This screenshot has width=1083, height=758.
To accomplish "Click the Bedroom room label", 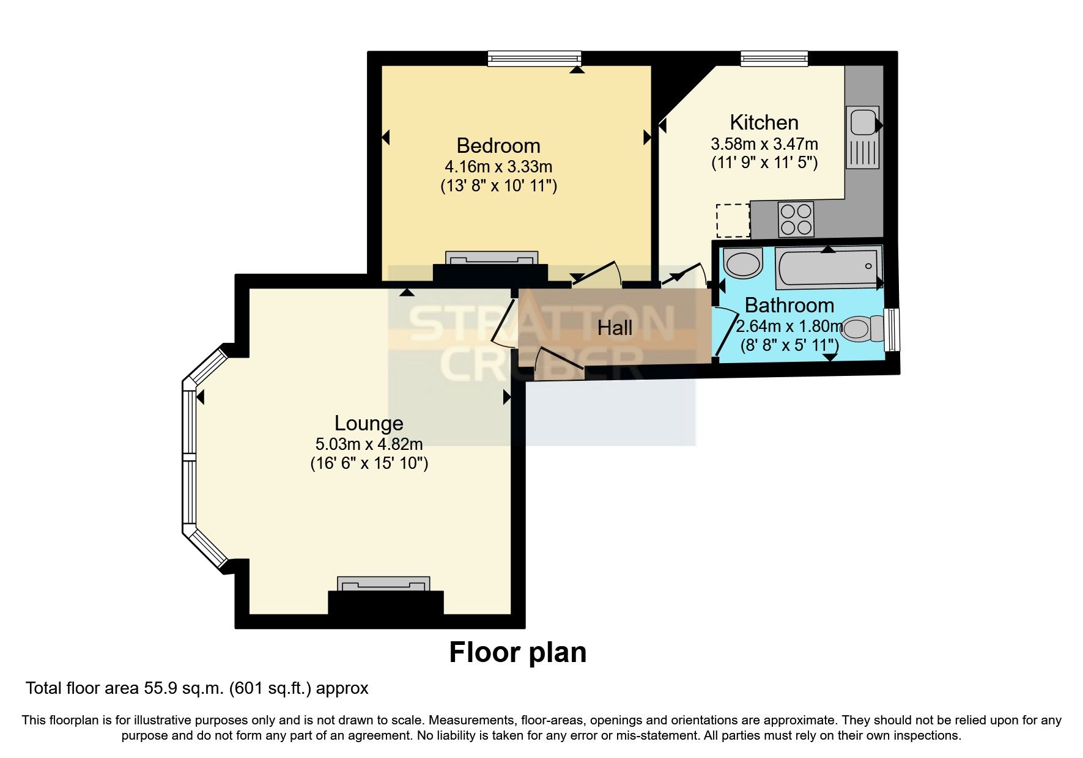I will [x=498, y=146].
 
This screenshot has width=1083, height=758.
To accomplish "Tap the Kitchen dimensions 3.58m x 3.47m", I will [x=764, y=144].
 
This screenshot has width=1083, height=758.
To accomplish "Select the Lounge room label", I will [x=369, y=423].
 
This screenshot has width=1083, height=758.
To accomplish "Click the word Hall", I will [x=615, y=328].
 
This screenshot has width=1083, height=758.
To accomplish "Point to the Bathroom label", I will [x=789, y=305].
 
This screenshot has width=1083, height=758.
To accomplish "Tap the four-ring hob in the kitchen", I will [x=796, y=219].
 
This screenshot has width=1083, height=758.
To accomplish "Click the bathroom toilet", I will [x=862, y=328].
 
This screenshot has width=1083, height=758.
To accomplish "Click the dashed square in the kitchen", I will [x=733, y=221].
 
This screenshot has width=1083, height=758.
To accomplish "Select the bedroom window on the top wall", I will [x=534, y=59].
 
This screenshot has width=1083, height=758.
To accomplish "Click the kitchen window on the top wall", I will [x=774, y=59].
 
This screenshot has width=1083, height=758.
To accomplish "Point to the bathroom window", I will [x=893, y=329].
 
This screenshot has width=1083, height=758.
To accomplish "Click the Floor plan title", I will [x=517, y=653].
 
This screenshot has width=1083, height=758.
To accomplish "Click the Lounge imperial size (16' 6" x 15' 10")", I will [x=369, y=463].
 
